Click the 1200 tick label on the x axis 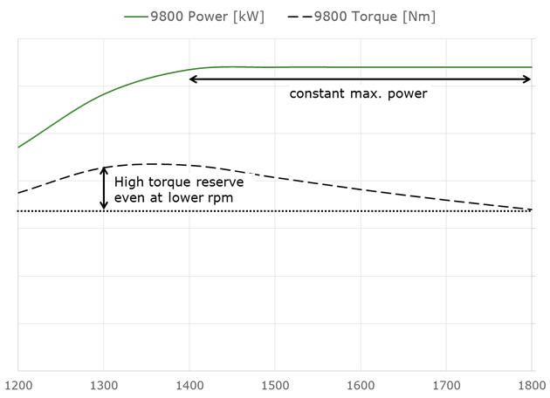[x=17, y=385]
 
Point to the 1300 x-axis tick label [x=103, y=385]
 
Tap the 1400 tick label [x=189, y=385]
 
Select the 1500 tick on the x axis [x=274, y=385]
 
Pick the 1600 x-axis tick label [x=360, y=385]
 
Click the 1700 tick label [x=445, y=385]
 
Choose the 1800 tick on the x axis [x=530, y=385]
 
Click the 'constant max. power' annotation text [x=358, y=93]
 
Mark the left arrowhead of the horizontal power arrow [x=193, y=79]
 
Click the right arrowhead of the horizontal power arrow [x=527, y=79]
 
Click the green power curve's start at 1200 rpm [x=18, y=147]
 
